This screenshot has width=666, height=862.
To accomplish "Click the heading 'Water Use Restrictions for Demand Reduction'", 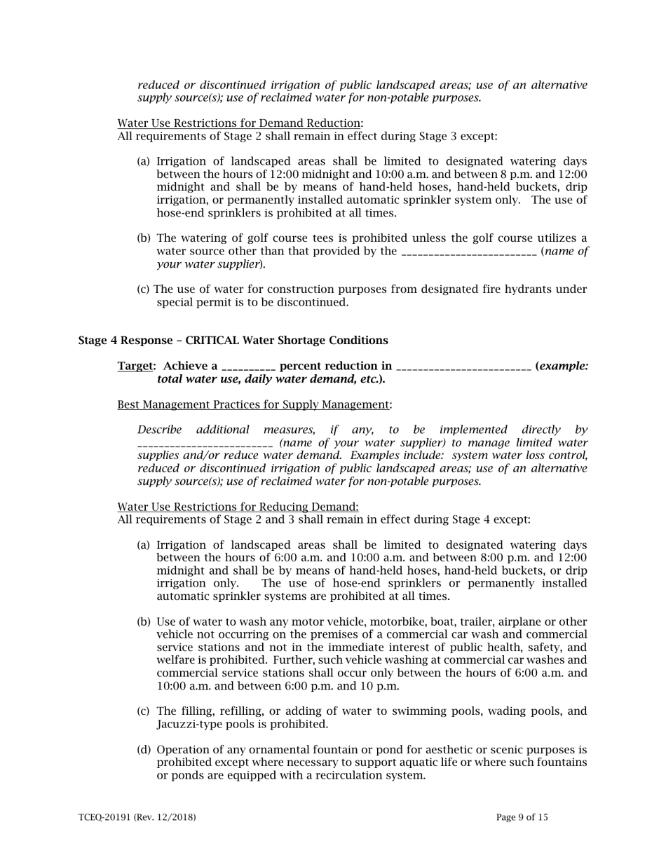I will (x=239, y=123).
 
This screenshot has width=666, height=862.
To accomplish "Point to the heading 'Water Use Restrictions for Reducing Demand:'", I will (x=238, y=507).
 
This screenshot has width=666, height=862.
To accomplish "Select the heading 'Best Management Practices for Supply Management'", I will (x=253, y=404).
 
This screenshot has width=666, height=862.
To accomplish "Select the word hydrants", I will (x=531, y=289).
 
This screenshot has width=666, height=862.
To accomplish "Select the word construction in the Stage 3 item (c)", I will (x=298, y=289).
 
